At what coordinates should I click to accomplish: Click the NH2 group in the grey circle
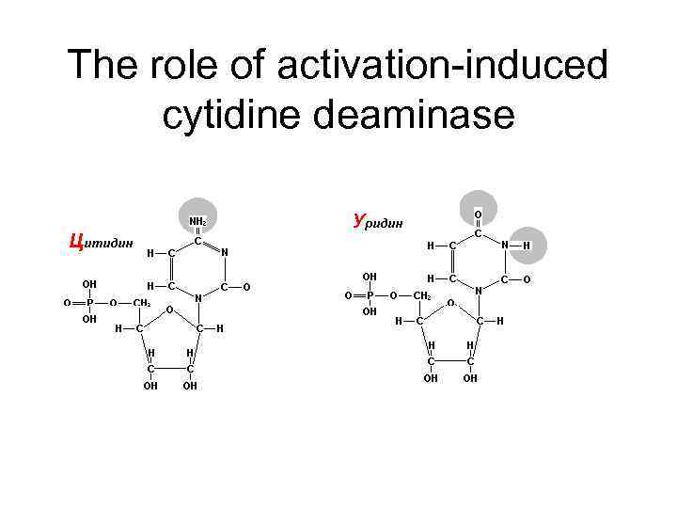(198, 222)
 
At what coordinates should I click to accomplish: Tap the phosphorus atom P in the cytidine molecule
(89, 302)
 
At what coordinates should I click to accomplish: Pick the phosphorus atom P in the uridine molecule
(370, 295)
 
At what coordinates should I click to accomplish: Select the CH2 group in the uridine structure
(422, 295)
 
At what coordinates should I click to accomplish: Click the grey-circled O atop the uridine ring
(478, 214)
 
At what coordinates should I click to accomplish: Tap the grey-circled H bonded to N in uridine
(527, 246)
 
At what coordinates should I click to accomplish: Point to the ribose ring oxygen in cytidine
(169, 309)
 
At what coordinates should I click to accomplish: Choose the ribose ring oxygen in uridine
(450, 302)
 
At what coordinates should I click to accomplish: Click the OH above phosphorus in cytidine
(89, 283)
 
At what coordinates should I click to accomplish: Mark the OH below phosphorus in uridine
(370, 312)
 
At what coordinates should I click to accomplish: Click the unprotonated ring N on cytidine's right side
(224, 251)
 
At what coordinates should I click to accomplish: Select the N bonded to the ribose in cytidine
(197, 297)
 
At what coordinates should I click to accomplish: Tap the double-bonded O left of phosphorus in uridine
(347, 295)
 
